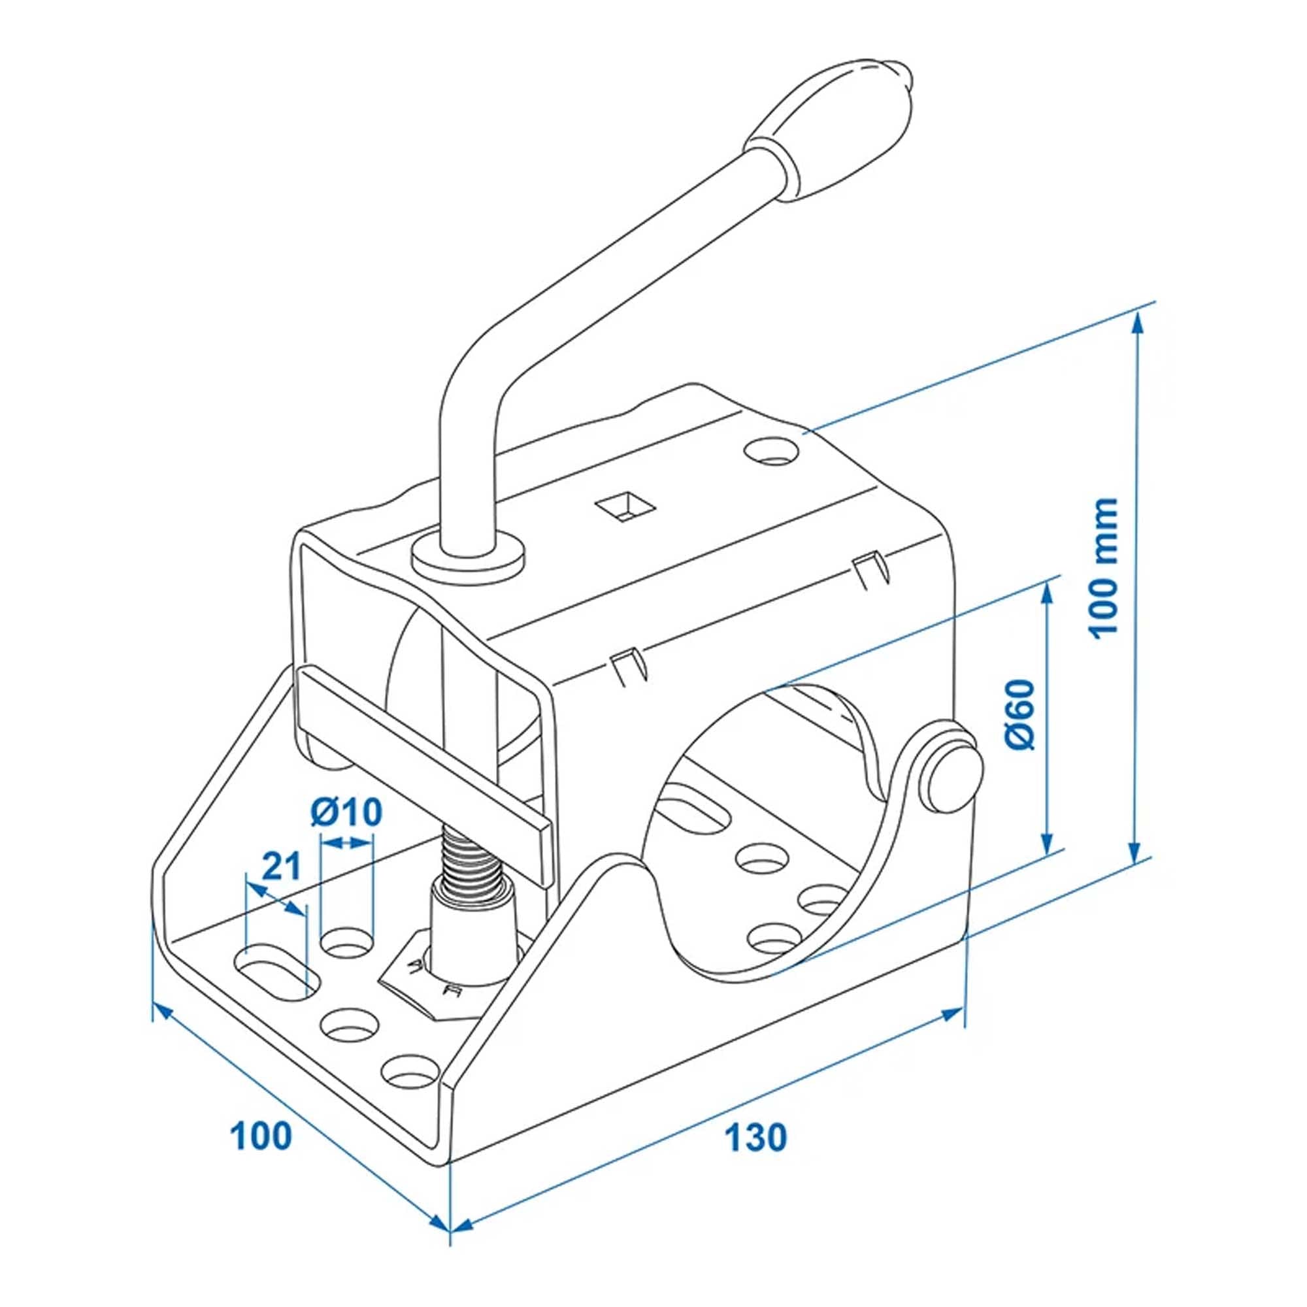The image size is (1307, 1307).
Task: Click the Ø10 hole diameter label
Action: point(346,813)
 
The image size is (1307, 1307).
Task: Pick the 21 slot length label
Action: point(280,866)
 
